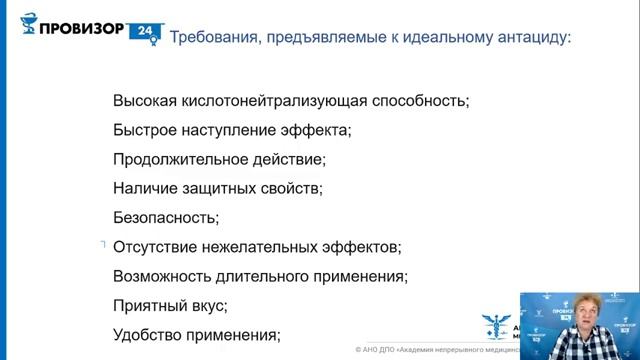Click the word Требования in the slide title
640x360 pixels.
click(212, 39)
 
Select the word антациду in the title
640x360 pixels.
click(536, 39)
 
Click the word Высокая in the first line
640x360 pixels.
click(145, 101)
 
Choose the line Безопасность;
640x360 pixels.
click(166, 217)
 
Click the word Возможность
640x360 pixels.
click(164, 276)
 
